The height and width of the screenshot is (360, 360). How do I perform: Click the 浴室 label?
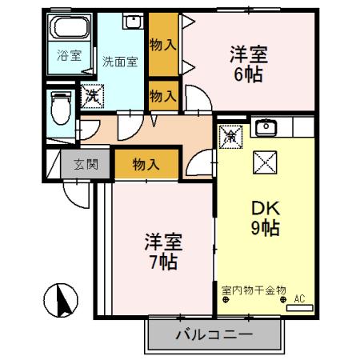pos(68,56)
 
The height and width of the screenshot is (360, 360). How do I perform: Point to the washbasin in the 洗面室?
pos(131,23)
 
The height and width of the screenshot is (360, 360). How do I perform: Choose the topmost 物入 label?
pos(163,42)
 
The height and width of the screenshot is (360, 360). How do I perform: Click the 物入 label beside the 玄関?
pos(145,165)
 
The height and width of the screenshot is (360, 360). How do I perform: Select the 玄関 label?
pos(86,166)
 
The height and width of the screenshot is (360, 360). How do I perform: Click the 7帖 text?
pos(162,261)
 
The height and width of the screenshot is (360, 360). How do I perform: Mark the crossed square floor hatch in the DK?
pos(264,162)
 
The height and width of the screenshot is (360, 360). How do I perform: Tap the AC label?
pos(300,299)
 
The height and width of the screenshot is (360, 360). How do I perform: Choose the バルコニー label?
pos(214,334)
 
